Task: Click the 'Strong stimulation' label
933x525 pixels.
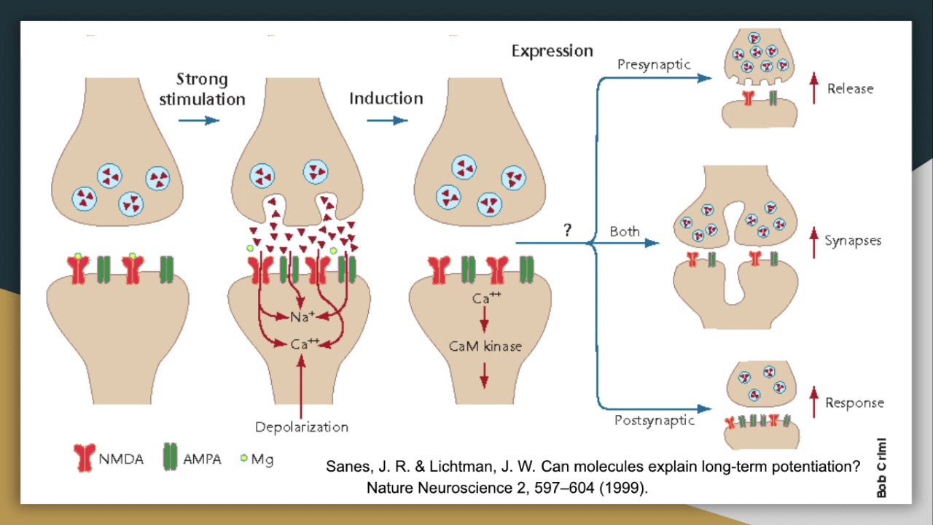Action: coord(202,89)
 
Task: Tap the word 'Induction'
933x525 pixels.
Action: coord(386,98)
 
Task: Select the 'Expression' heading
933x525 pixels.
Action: coord(552,51)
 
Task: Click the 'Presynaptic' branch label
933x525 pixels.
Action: coord(654,65)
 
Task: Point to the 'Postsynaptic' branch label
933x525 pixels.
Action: coord(654,421)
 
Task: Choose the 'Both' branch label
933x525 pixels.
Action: coord(625,232)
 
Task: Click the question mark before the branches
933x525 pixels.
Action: coord(567,230)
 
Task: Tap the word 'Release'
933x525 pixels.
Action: coord(850,89)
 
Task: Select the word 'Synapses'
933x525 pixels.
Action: coord(853,241)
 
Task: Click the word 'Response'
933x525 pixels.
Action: coord(854,403)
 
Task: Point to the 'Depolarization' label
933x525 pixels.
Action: coord(302,427)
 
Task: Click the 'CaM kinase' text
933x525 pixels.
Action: coord(485,346)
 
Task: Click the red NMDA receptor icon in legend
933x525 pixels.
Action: coord(85,458)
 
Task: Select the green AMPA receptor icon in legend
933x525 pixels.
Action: coord(170,457)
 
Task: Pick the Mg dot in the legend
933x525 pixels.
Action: coord(244,459)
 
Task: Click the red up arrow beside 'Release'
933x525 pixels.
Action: coord(814,88)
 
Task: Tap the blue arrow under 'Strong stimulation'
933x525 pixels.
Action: coord(198,120)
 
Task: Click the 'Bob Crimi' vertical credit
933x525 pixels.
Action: coord(882,467)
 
